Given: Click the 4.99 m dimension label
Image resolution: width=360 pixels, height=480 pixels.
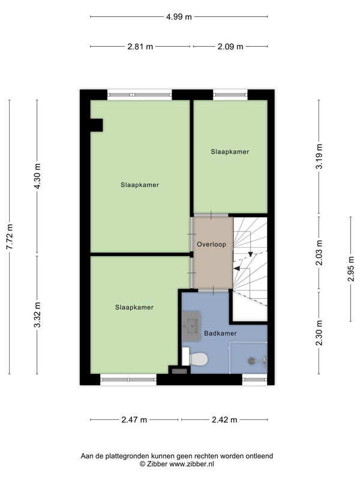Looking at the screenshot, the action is (x=179, y=17).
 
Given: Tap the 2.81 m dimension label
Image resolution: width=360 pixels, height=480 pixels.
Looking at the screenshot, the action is (x=140, y=47).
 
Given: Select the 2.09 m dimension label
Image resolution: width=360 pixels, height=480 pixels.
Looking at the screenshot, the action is (x=230, y=47).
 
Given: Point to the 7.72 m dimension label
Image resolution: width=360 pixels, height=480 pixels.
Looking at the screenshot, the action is (x=10, y=236).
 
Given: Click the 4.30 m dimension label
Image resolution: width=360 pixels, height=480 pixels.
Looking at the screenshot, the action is (x=38, y=176).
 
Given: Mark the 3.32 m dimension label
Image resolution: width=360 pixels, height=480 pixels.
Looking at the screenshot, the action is (x=38, y=314).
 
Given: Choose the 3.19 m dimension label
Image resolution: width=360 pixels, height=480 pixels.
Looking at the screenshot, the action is (x=319, y=156).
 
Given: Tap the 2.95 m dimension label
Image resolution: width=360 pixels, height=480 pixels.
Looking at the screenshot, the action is (x=351, y=268).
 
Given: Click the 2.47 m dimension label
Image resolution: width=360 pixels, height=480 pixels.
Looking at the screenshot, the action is (x=134, y=419).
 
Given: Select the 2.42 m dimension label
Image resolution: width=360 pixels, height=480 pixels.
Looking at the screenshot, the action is (x=224, y=419).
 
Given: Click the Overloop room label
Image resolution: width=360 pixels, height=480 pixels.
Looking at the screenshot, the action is (x=212, y=245).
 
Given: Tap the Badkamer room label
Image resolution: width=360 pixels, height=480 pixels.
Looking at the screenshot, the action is (x=220, y=334).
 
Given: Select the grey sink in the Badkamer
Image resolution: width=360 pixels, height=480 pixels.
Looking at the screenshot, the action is (x=191, y=326).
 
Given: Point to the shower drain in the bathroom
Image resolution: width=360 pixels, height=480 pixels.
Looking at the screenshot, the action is (x=251, y=361).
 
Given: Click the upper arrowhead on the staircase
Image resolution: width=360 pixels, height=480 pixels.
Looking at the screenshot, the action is (x=250, y=254).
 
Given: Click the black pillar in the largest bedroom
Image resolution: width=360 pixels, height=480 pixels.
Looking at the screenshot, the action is (x=97, y=125).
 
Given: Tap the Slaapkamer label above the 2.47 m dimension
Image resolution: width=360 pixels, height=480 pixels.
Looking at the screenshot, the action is (x=134, y=307).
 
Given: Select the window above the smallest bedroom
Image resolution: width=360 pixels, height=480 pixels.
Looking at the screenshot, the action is (x=230, y=95).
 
